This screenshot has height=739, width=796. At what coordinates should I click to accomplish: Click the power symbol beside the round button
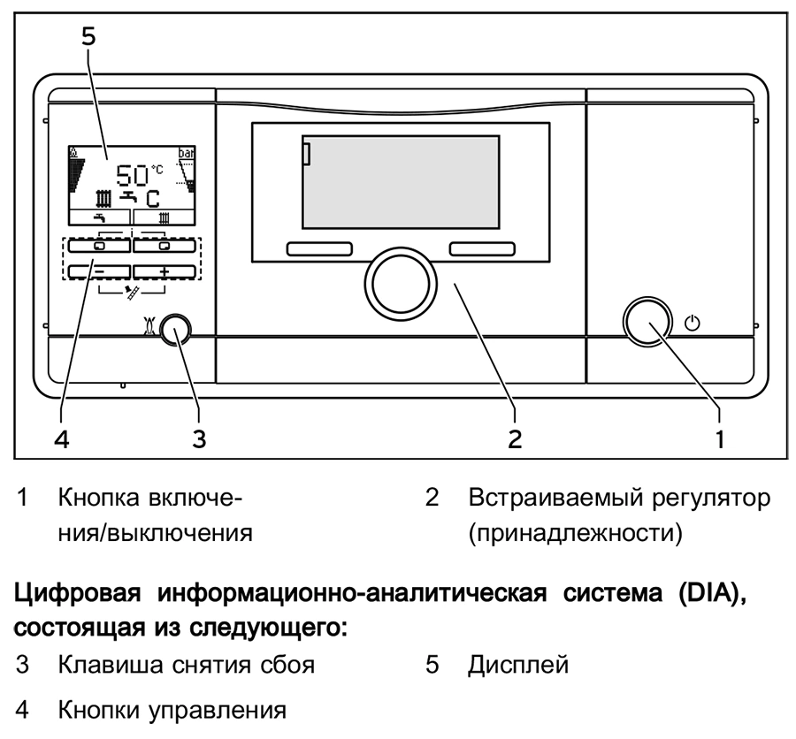coord(693,324)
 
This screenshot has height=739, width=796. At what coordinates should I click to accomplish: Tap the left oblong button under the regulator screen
coord(318,250)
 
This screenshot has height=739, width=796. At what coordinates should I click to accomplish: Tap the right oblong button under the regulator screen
coord(481,250)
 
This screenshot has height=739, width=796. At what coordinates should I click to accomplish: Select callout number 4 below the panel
coord(60,438)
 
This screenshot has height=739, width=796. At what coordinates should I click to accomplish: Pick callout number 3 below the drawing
coord(200,438)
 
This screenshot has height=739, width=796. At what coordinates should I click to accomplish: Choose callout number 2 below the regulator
coord(514,438)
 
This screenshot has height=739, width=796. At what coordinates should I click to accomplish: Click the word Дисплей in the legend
coord(517,665)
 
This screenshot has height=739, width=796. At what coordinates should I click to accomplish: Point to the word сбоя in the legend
coord(281,665)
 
